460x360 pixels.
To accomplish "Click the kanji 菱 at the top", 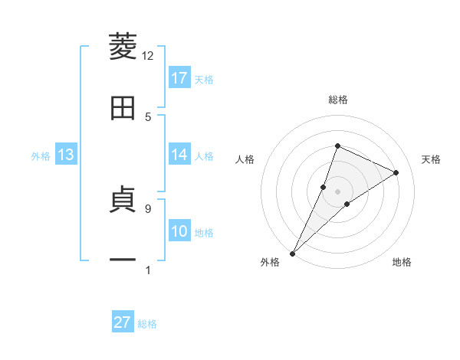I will point(123,47).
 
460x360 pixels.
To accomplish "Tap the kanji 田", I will point(123,108).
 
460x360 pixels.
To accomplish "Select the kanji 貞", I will point(123,201).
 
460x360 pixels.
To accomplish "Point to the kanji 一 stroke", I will point(123,260).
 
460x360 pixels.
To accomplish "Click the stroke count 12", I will point(148,56).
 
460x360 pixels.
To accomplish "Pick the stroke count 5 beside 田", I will point(148,116).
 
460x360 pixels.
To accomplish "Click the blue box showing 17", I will point(179,78).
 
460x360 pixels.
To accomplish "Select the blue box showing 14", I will point(179,155).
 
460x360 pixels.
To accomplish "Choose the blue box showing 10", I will point(179,231).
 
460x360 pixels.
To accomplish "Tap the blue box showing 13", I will point(65,155).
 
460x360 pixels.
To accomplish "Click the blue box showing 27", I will point(123,322).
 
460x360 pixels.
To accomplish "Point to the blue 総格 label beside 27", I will point(148,324).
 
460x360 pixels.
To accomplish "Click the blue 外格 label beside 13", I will point(41,156).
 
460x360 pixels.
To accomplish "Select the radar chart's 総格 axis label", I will point(337,100).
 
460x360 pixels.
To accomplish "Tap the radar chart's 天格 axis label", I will point(432,159).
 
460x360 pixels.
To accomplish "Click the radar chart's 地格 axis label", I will point(402,263).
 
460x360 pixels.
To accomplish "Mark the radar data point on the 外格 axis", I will point(292,253).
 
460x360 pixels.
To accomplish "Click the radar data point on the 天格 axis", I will point(396,172).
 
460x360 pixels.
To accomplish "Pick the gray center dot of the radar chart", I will point(337,191).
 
